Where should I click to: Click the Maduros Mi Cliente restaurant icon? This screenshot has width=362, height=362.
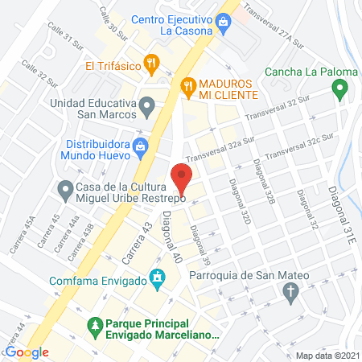187,84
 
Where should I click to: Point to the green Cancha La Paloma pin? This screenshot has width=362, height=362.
341,88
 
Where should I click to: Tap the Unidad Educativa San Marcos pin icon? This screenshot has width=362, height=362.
146,105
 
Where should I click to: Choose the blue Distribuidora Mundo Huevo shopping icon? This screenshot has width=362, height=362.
141,146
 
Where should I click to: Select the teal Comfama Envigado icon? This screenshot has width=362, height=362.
158,281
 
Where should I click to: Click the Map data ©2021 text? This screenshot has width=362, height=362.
327,355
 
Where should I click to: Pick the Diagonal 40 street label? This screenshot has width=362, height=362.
169,232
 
